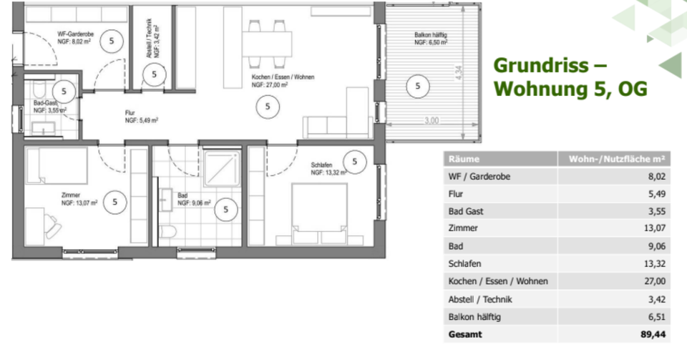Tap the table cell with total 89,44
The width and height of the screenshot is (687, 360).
click(x=653, y=334)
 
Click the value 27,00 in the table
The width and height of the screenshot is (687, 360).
click(x=653, y=281)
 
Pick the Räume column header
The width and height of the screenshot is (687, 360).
click(x=464, y=159)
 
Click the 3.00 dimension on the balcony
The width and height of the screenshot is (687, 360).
click(x=430, y=121)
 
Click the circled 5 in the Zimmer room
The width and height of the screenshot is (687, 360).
click(x=115, y=202)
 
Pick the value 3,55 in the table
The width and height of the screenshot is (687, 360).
click(x=653, y=211)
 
